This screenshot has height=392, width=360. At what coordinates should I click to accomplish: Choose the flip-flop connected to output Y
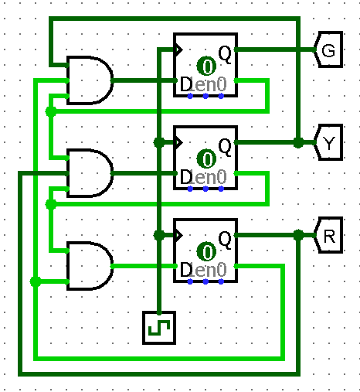tap(205, 158)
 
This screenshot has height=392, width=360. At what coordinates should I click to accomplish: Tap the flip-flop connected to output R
tap(205, 251)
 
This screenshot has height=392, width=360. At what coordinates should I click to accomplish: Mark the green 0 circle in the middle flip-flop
tap(206, 159)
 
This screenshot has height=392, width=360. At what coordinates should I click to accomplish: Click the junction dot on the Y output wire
tap(297, 142)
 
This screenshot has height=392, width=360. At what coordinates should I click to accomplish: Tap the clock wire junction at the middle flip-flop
tap(158, 142)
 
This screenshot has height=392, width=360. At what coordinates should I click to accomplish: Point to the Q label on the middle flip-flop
tap(225, 145)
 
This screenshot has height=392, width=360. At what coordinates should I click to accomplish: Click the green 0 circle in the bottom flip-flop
tap(206, 252)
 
